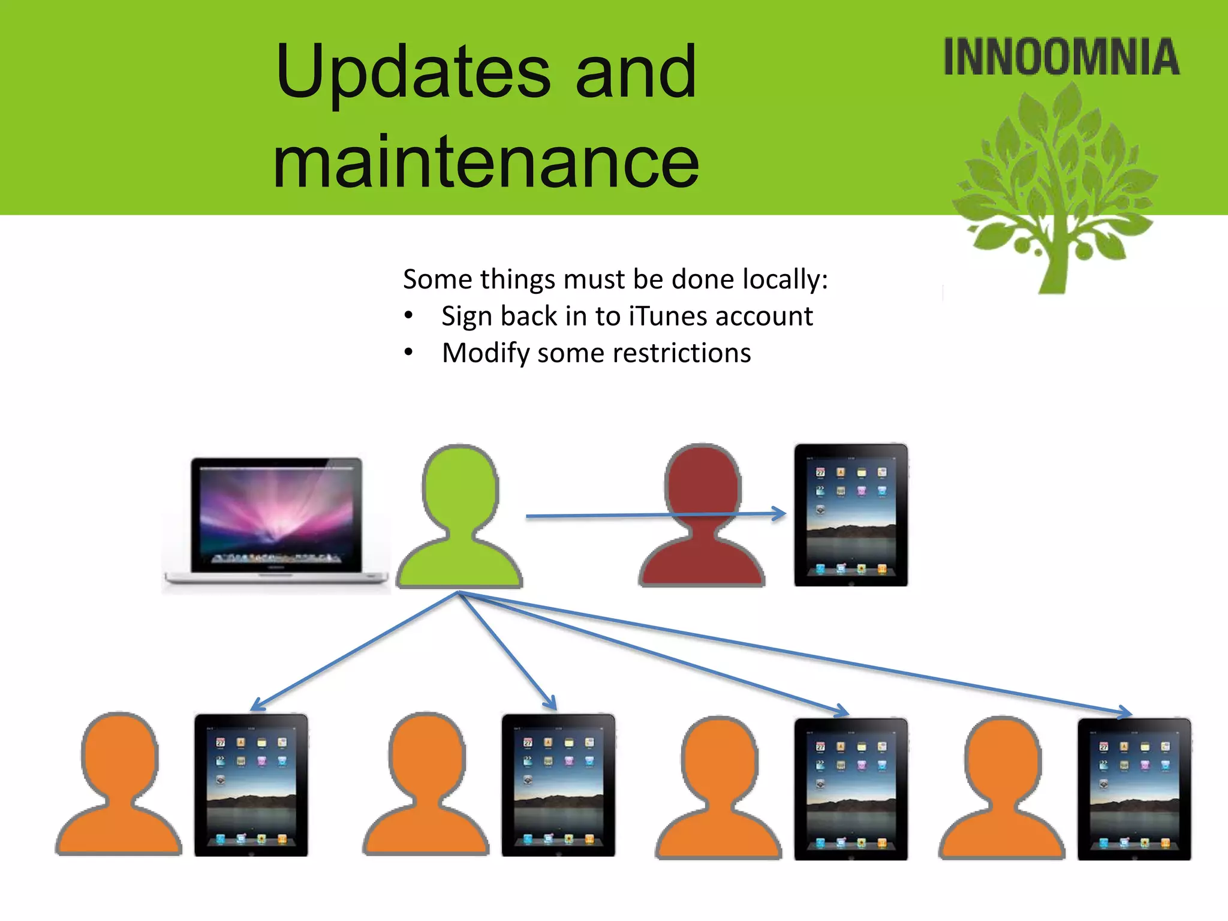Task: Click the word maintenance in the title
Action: coord(486,162)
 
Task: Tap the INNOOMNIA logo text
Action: coord(1061,58)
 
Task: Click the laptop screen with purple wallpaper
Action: coord(276,513)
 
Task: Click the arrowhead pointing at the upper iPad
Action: coord(780,513)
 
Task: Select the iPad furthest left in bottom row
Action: coord(251,785)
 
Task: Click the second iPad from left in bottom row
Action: coord(558,785)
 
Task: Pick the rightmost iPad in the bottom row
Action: coord(1133,788)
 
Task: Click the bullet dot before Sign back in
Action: coord(408,315)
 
